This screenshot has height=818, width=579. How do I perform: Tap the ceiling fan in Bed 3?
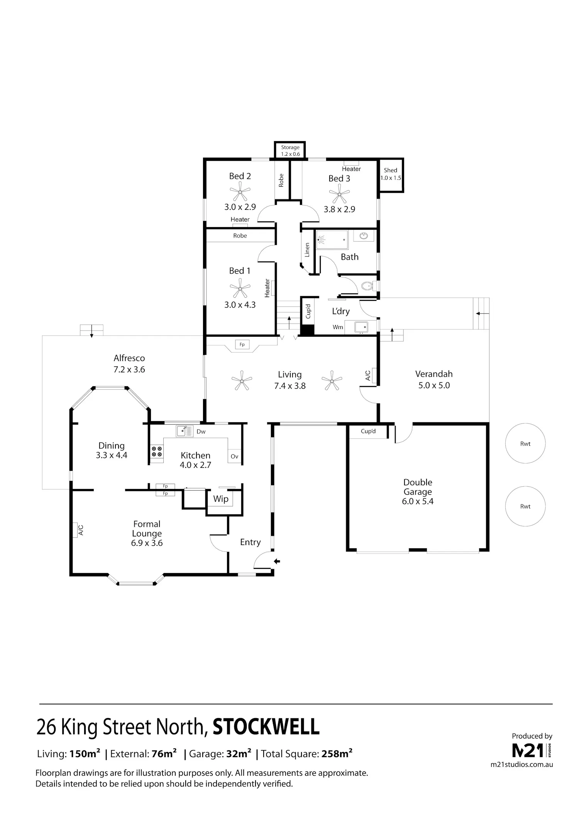[x=339, y=194]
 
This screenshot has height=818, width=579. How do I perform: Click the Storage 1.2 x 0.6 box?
[x=290, y=150]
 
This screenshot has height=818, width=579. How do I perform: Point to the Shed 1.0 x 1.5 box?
[x=391, y=175]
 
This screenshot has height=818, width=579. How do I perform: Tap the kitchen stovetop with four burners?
[x=157, y=452]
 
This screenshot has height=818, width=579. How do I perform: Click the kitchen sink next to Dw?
[x=185, y=431]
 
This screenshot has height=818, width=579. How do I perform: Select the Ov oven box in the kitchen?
[x=235, y=456]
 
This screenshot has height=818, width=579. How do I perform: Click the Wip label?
[x=221, y=499]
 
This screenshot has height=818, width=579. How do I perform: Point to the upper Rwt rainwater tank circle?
[x=525, y=444]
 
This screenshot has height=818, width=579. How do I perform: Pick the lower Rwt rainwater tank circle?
[x=525, y=506]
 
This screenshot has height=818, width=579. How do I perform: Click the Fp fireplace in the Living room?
[x=242, y=344]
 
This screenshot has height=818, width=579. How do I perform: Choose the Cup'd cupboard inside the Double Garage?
[x=368, y=431]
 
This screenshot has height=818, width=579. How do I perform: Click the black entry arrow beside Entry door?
[x=277, y=562]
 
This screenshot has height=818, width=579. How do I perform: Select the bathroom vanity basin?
[x=364, y=236]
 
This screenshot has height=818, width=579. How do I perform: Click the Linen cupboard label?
[x=307, y=250]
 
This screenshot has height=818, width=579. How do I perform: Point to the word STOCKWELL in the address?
[x=266, y=727]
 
